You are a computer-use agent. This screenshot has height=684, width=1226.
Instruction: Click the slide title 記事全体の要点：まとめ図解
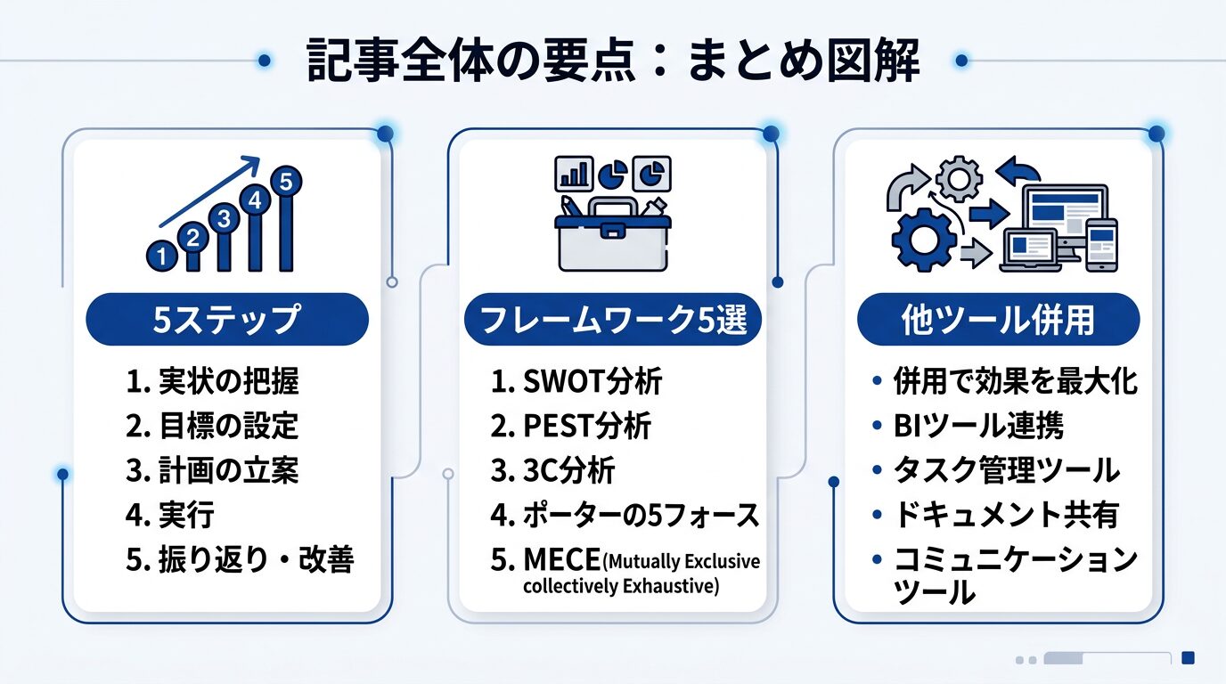pos(613,61)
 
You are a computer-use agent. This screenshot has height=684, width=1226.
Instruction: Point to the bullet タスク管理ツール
pos(1006,470)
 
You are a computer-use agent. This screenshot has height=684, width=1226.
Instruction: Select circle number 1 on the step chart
pos(161,256)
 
